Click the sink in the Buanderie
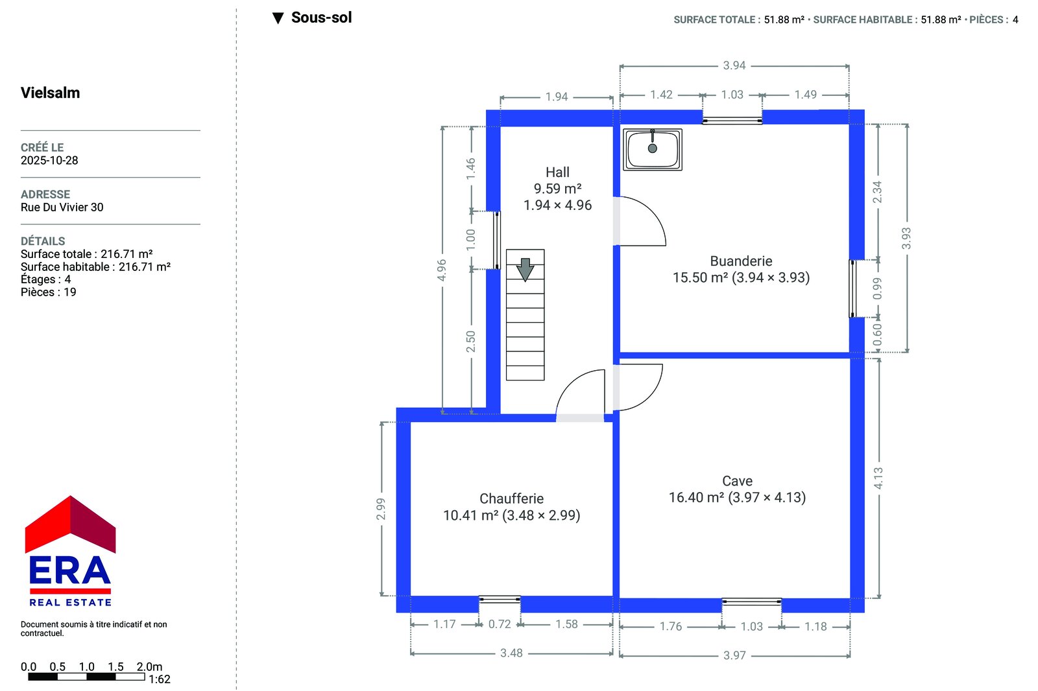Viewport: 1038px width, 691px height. click(653, 150)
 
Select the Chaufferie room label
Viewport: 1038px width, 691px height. click(512, 498)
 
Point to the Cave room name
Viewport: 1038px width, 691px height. click(737, 481)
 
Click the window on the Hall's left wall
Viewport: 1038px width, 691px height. click(496, 240)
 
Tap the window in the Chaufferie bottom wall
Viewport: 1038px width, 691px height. click(500, 600)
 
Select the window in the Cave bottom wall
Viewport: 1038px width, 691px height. click(752, 602)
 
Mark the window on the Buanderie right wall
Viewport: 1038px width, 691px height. click(852, 288)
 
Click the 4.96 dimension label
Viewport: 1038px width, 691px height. click(442, 270)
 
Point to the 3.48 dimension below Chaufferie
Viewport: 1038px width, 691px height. click(511, 653)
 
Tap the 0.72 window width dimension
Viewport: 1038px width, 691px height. click(500, 624)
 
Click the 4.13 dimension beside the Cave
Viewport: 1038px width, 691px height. click(878, 478)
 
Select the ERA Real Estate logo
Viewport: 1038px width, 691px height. click(70, 551)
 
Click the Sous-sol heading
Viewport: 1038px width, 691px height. click(322, 18)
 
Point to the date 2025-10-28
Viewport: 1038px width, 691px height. click(49, 160)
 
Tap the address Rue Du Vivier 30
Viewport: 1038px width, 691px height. click(62, 207)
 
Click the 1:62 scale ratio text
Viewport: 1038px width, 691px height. click(160, 679)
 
